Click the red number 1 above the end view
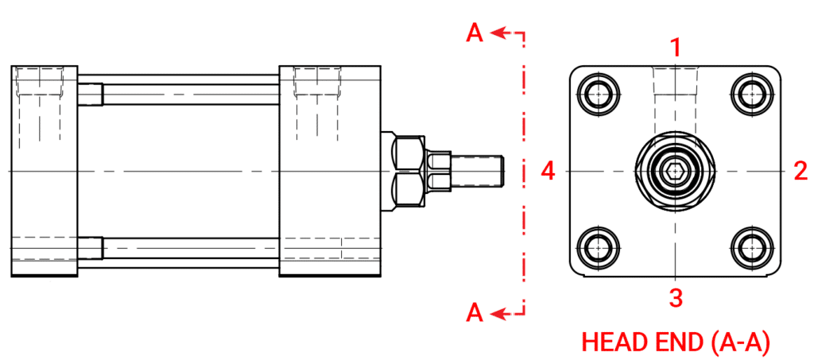[676, 48]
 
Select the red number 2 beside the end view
[800, 170]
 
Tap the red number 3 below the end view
[676, 298]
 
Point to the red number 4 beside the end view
[548, 170]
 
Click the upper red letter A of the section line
[475, 33]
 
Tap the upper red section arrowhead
[498, 33]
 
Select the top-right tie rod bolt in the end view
[750, 95]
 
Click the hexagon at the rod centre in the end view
[675, 170]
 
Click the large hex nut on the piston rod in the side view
[409, 170]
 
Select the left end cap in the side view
[44, 170]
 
